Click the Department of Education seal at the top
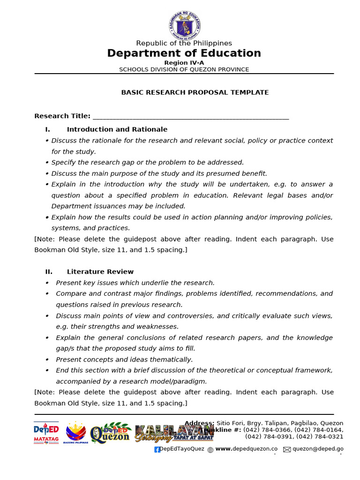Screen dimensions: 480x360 [184, 25]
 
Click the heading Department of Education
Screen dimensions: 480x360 [184, 53]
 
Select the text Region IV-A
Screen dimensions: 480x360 [184, 63]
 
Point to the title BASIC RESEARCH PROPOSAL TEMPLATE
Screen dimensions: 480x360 [195, 92]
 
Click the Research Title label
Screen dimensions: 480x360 [62, 116]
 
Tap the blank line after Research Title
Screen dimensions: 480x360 [191, 117]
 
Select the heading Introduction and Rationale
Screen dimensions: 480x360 [117, 129]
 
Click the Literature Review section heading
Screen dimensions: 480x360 [100, 272]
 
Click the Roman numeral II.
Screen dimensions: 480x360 [49, 272]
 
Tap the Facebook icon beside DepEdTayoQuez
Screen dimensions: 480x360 [157, 450]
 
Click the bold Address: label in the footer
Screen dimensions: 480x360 [199, 423]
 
